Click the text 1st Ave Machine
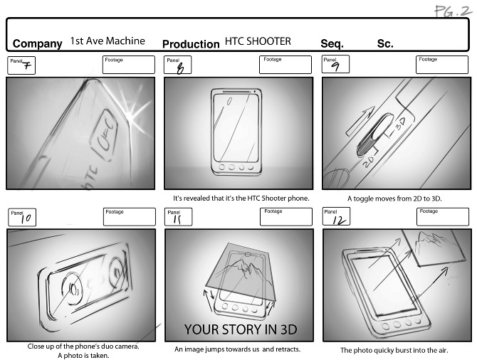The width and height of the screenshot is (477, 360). coord(107,41)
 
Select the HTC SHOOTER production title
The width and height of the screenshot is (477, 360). coord(258,41)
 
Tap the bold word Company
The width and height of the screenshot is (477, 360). coord(37,44)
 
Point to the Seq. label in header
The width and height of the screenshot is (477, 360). coord(332,44)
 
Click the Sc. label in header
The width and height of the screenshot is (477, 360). coord(385,44)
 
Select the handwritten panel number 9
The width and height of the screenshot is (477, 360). coord(335,65)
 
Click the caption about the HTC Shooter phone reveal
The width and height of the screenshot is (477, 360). coord(241,198)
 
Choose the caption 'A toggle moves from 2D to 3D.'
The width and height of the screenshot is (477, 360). coord(394,198)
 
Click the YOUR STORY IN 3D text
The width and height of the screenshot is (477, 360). coord(240,329)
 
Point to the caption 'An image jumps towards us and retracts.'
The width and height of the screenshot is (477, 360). coord(238,349)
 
